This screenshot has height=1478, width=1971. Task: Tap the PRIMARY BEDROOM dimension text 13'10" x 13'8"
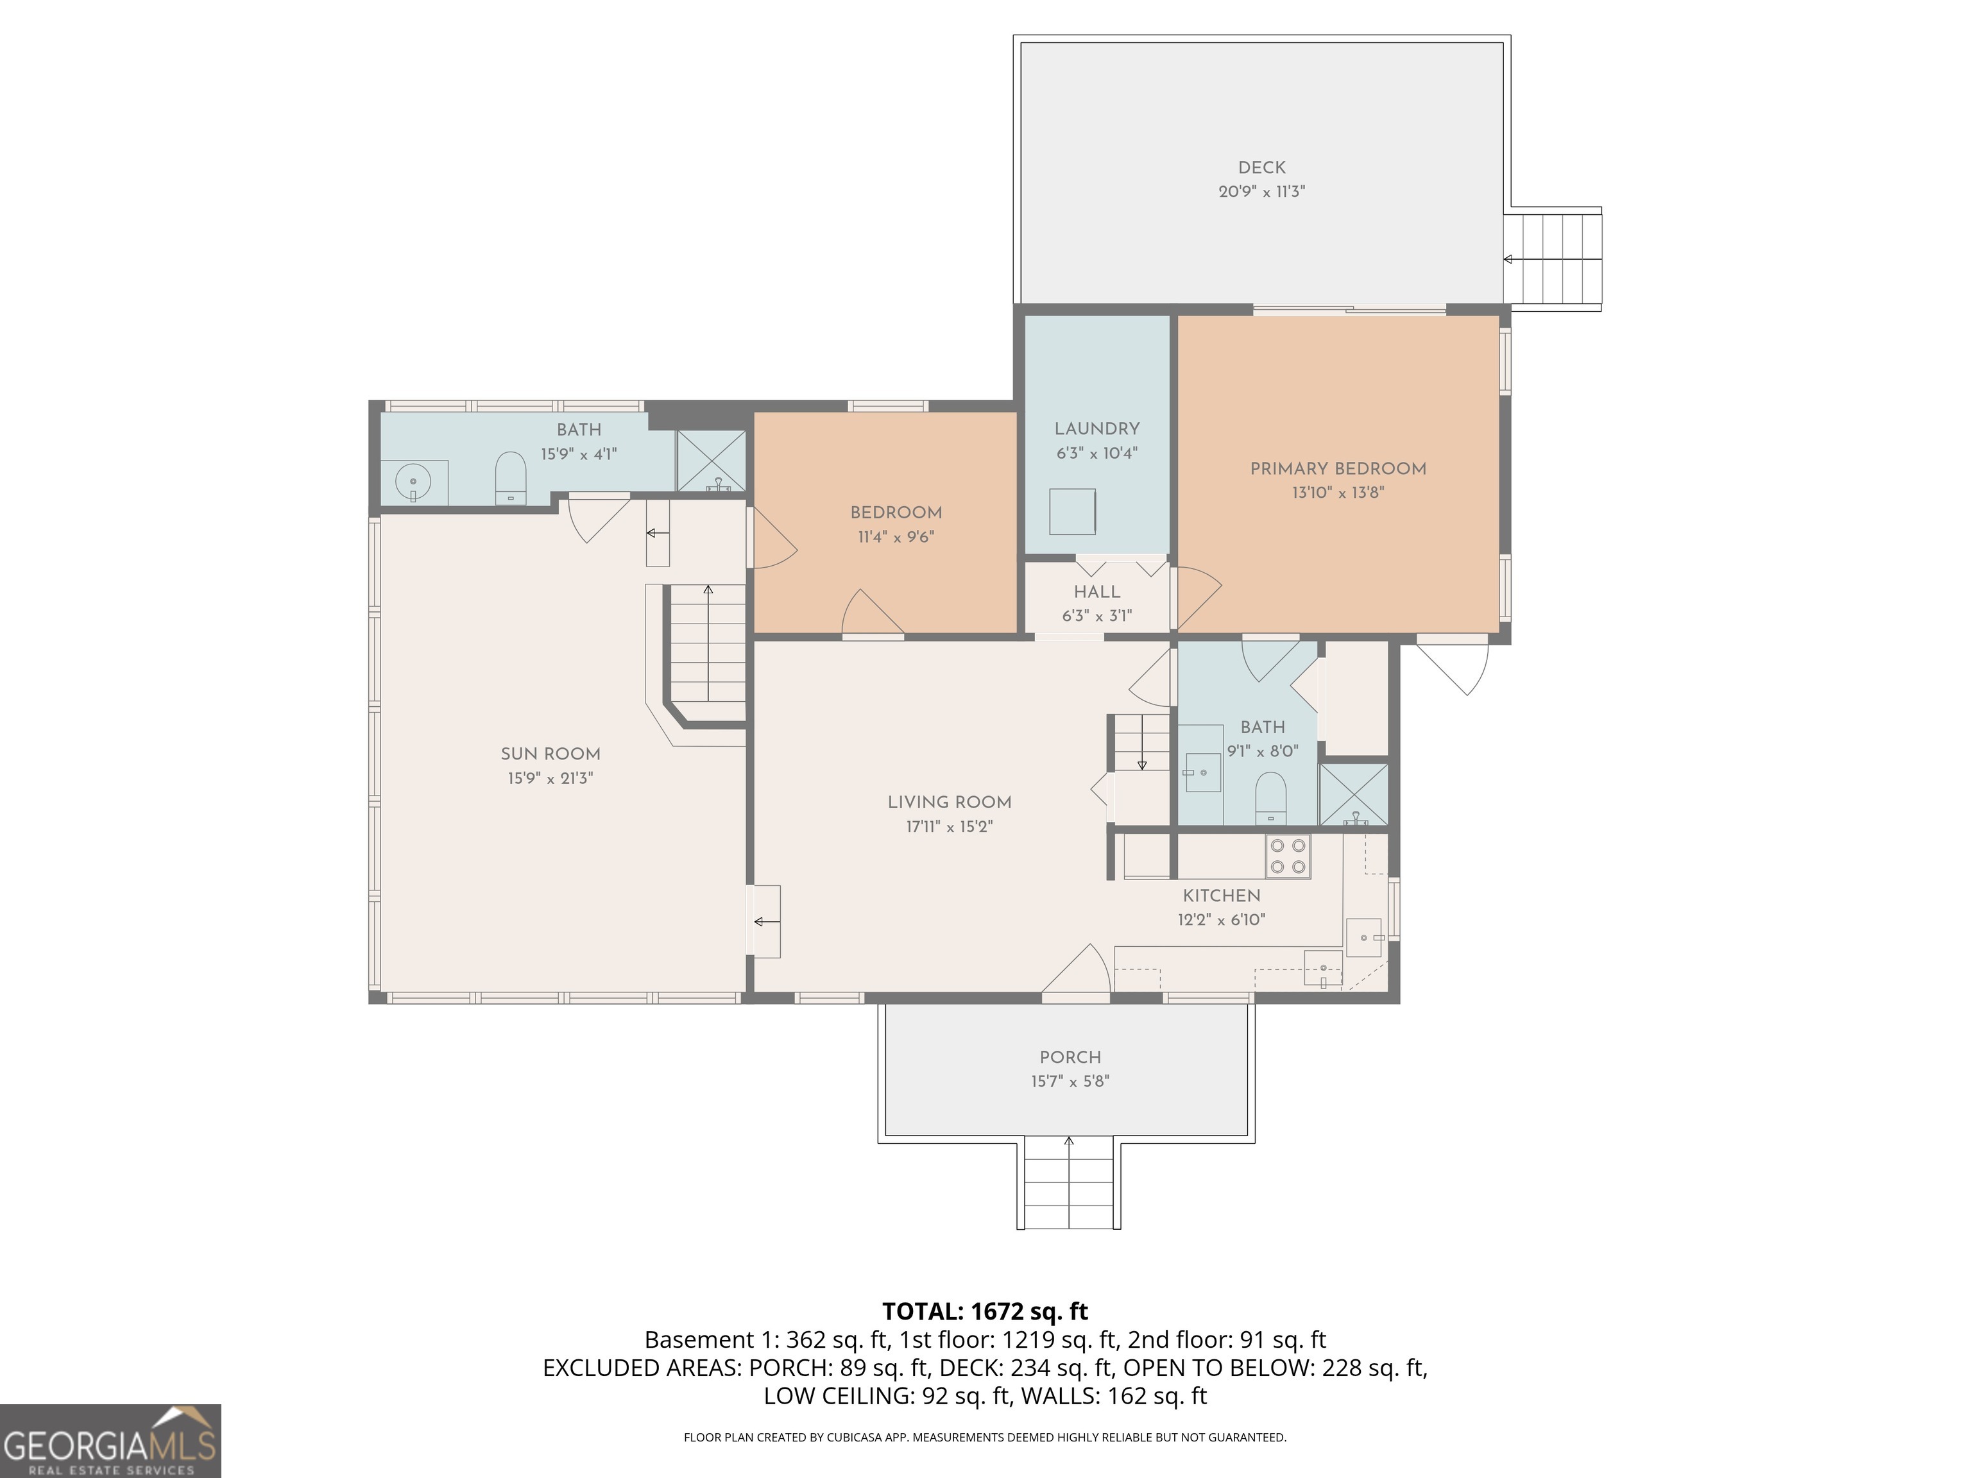1338,493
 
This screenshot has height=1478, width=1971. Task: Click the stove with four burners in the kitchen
1288,856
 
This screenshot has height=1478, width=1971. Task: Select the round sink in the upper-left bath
413,482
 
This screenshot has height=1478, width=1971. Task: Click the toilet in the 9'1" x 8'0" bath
1270,797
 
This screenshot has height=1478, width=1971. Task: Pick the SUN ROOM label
550,754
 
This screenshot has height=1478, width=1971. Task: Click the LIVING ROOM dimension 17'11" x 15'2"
949,827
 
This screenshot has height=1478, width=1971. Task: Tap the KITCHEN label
1221,896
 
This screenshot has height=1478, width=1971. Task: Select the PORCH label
1070,1057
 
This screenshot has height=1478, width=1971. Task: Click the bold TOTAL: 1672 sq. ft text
985,1311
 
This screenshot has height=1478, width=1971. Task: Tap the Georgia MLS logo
110,1441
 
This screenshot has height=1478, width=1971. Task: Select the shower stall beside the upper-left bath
711,461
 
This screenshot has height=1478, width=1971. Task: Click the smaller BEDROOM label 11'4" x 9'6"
896,513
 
